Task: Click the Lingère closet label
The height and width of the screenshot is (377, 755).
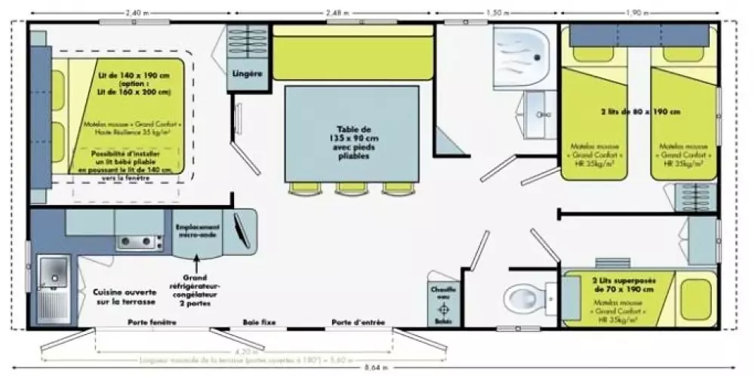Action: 248,73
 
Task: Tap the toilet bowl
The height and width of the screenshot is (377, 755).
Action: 524,293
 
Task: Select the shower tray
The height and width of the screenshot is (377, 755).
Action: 524,51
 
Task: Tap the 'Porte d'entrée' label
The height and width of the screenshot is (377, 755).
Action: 358,323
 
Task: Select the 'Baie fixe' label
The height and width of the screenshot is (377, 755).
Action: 259,323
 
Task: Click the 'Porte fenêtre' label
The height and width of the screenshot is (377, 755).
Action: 152,323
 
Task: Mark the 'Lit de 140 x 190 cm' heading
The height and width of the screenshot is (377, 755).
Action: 134,77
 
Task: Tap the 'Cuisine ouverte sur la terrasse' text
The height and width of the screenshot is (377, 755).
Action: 124,296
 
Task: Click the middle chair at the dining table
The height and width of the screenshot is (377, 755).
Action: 351,188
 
